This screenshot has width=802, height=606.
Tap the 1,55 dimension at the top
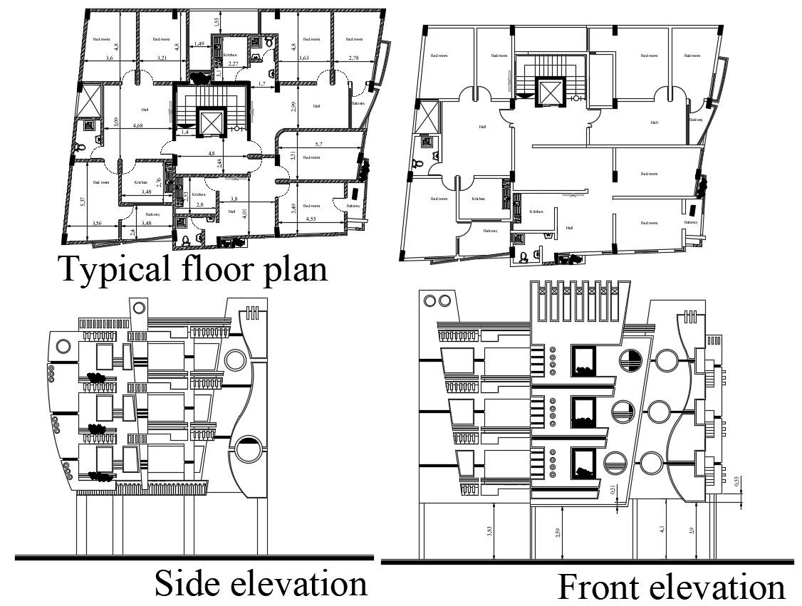pyautogui.click(x=216, y=23)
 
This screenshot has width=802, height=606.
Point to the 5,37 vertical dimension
pyautogui.click(x=83, y=202)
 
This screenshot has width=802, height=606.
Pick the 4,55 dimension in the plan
pyautogui.click(x=311, y=219)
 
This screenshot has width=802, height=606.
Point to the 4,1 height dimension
pyautogui.click(x=662, y=529)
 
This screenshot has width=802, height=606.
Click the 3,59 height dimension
pyautogui.click(x=558, y=531)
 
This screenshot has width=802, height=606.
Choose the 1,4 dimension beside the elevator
pyautogui.click(x=184, y=132)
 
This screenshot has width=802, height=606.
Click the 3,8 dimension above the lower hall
pyautogui.click(x=234, y=199)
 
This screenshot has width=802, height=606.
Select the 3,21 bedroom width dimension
pyautogui.click(x=161, y=58)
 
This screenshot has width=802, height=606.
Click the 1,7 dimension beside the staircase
pyautogui.click(x=261, y=84)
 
